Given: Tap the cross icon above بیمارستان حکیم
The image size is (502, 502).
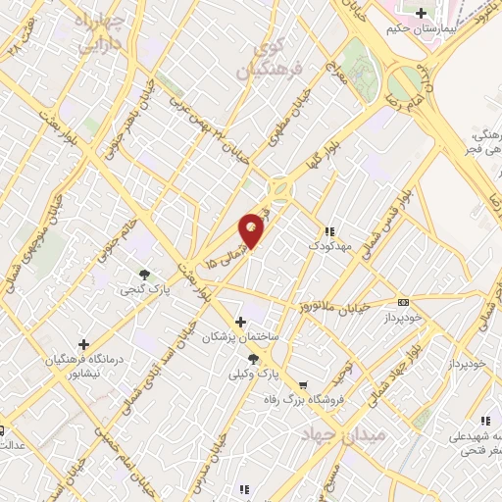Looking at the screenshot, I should (x=422, y=14).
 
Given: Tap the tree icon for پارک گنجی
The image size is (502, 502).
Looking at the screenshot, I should (x=144, y=276).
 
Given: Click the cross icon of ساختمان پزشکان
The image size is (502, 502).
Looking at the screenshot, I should (x=240, y=322).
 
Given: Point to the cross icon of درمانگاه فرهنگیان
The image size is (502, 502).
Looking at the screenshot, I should (x=83, y=345).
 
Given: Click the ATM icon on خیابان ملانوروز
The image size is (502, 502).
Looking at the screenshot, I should (x=404, y=302).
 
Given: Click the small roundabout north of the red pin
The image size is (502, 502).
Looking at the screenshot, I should (x=281, y=187).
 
